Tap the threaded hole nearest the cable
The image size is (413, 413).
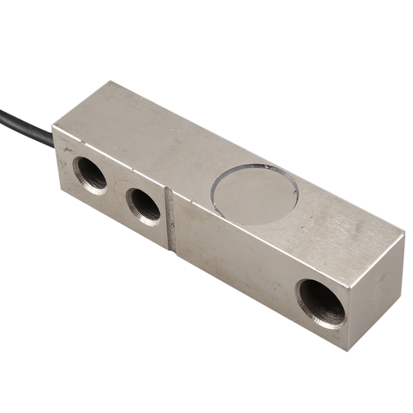[x=91, y=174]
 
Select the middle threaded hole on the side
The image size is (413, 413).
[x=144, y=205]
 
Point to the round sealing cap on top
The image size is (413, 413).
[x=254, y=194]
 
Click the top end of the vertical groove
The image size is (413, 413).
[x=169, y=189]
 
